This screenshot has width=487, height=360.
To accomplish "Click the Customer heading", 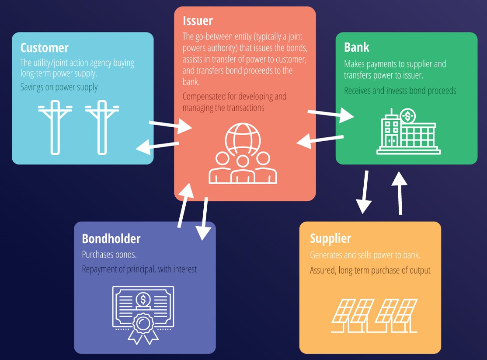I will click(45, 47).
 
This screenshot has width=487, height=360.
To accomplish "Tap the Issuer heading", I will click(198, 21).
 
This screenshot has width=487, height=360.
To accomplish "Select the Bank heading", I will click(357, 47).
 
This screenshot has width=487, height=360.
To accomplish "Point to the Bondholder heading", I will click(111, 238).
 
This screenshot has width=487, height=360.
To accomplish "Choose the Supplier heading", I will click(330, 238).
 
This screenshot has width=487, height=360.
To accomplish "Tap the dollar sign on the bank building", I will click(408, 116).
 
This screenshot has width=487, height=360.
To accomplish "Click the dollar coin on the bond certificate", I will click(143, 300).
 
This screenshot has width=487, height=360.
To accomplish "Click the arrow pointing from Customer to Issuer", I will click(170, 126).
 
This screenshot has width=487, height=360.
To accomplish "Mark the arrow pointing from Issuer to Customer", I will click(157, 147).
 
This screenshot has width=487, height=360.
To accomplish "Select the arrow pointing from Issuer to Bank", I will click(330, 115).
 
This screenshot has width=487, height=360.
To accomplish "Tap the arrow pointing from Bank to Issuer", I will click(320, 140).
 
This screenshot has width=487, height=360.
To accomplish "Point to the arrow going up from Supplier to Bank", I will click(400, 192).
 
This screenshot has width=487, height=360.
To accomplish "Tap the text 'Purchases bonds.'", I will click(109, 255).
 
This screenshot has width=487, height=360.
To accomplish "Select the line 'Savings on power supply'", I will click(59, 87).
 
